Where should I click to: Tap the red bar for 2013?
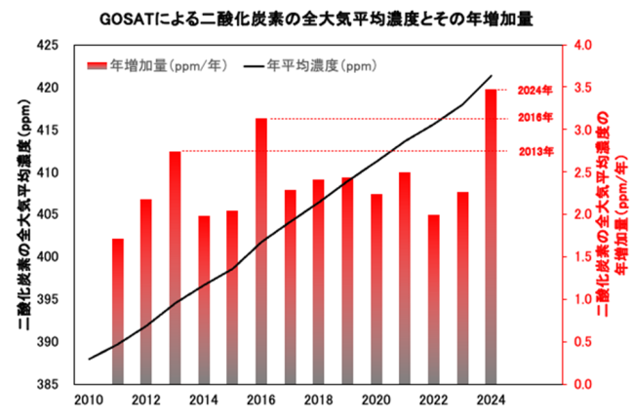click(175, 268)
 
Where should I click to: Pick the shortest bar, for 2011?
click(117, 311)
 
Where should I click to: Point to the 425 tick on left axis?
click(48, 45)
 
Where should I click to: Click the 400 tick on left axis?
click(48, 257)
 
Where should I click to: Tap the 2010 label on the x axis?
click(88, 399)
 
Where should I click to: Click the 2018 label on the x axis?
click(319, 399)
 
